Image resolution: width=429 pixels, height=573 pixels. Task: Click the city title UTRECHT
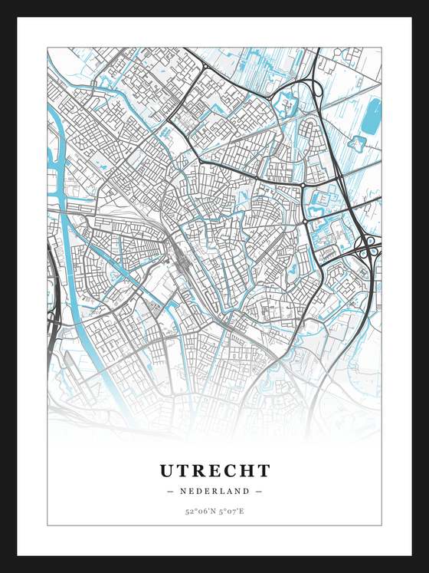[x=215, y=470]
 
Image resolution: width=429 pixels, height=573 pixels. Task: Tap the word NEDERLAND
[x=215, y=491]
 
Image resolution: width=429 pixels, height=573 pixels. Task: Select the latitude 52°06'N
[x=198, y=511]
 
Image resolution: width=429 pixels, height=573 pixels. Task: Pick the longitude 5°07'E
[x=231, y=511]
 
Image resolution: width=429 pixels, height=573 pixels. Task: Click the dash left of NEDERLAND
[x=170, y=491]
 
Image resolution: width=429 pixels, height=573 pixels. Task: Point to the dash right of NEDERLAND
[x=259, y=491]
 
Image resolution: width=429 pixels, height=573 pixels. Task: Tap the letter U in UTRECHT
[x=167, y=470]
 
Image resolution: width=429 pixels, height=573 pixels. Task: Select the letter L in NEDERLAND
[x=224, y=491]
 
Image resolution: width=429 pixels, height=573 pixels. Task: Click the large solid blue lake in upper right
[x=372, y=115]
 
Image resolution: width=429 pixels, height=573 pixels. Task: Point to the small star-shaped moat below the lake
[x=358, y=143]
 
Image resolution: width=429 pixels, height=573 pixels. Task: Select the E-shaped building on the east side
[x=322, y=201]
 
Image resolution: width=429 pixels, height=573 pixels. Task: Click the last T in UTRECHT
[x=263, y=470]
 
